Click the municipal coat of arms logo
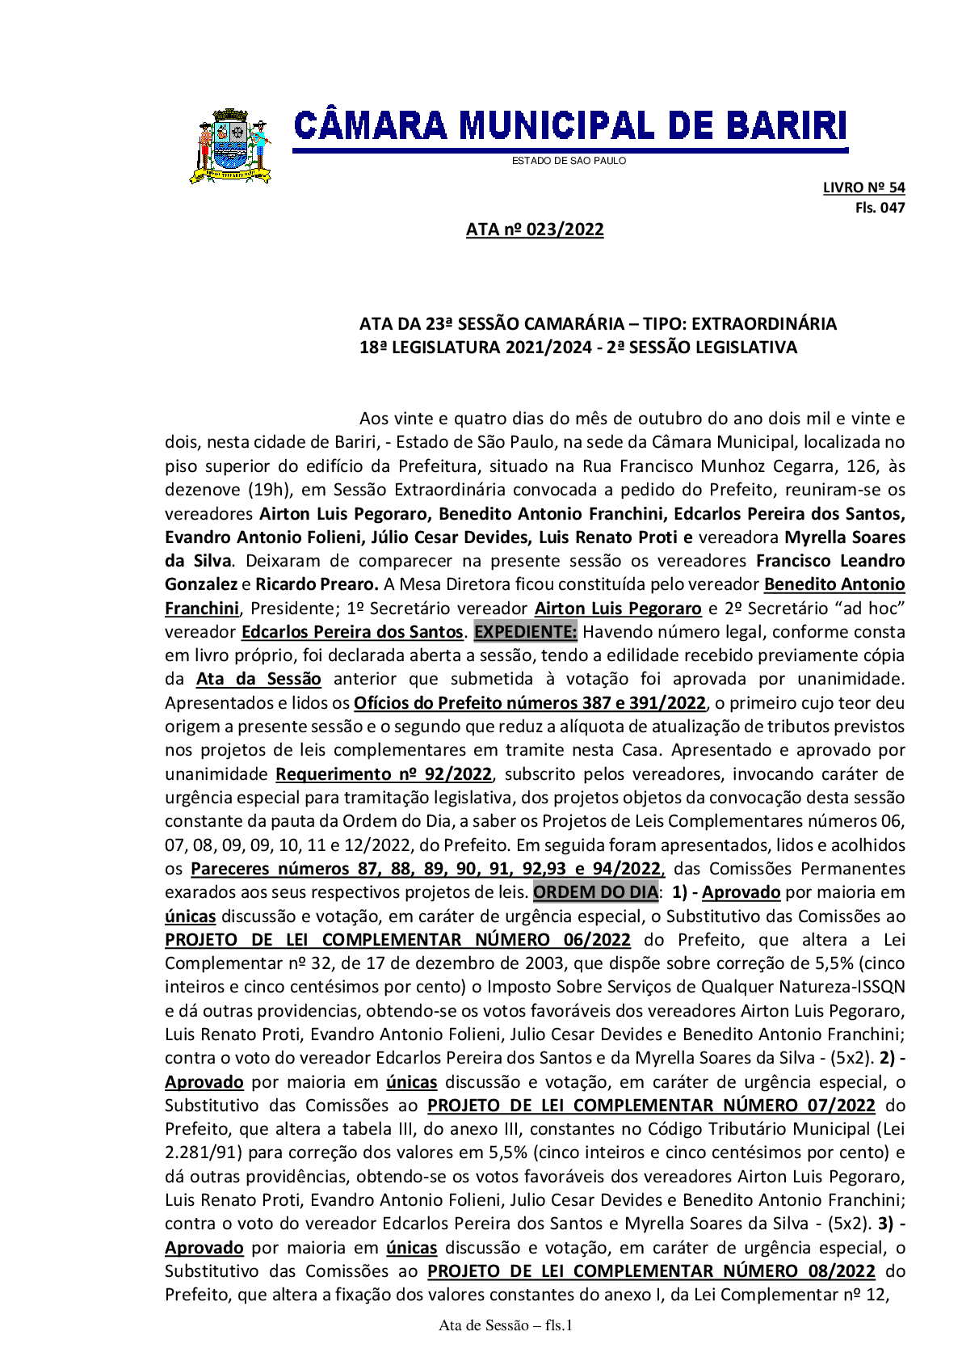[230, 146]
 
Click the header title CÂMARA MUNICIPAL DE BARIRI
[570, 126]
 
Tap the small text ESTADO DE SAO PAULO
[569, 161]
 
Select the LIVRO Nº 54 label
[863, 188]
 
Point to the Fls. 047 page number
[880, 208]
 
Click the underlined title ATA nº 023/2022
[535, 230]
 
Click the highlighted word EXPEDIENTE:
[525, 631]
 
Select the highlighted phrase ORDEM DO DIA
[596, 892]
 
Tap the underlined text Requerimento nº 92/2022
[384, 774]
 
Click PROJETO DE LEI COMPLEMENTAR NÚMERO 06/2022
[397, 940]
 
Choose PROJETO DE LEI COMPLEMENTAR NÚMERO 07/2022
[651, 1106]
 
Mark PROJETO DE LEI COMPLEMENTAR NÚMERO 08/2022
[651, 1271]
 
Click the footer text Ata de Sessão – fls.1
[506, 1325]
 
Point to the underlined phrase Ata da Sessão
[258, 680]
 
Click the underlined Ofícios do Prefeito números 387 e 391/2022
[530, 703]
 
